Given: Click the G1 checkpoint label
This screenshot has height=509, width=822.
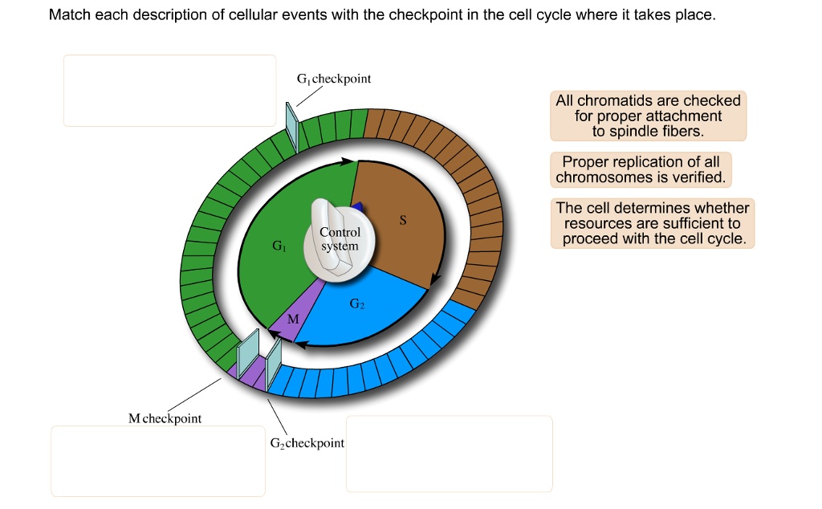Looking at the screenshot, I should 333,79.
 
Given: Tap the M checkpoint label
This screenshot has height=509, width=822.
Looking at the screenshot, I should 165,418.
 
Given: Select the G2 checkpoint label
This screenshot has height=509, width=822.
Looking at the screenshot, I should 307,443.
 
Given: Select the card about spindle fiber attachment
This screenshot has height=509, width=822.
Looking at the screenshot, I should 648,116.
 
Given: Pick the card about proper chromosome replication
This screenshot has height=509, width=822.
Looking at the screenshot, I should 640,169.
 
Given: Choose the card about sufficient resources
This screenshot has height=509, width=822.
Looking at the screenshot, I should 653,223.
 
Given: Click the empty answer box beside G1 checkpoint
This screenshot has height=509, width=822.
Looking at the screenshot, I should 169,90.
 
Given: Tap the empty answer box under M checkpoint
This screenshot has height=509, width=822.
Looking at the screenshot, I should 158,461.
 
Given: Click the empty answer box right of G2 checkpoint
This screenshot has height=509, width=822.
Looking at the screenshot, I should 449,454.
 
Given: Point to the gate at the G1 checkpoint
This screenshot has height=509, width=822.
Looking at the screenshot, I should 292,126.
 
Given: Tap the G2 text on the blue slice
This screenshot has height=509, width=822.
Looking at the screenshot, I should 357,304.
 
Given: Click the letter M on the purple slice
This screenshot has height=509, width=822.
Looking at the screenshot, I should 293,319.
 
